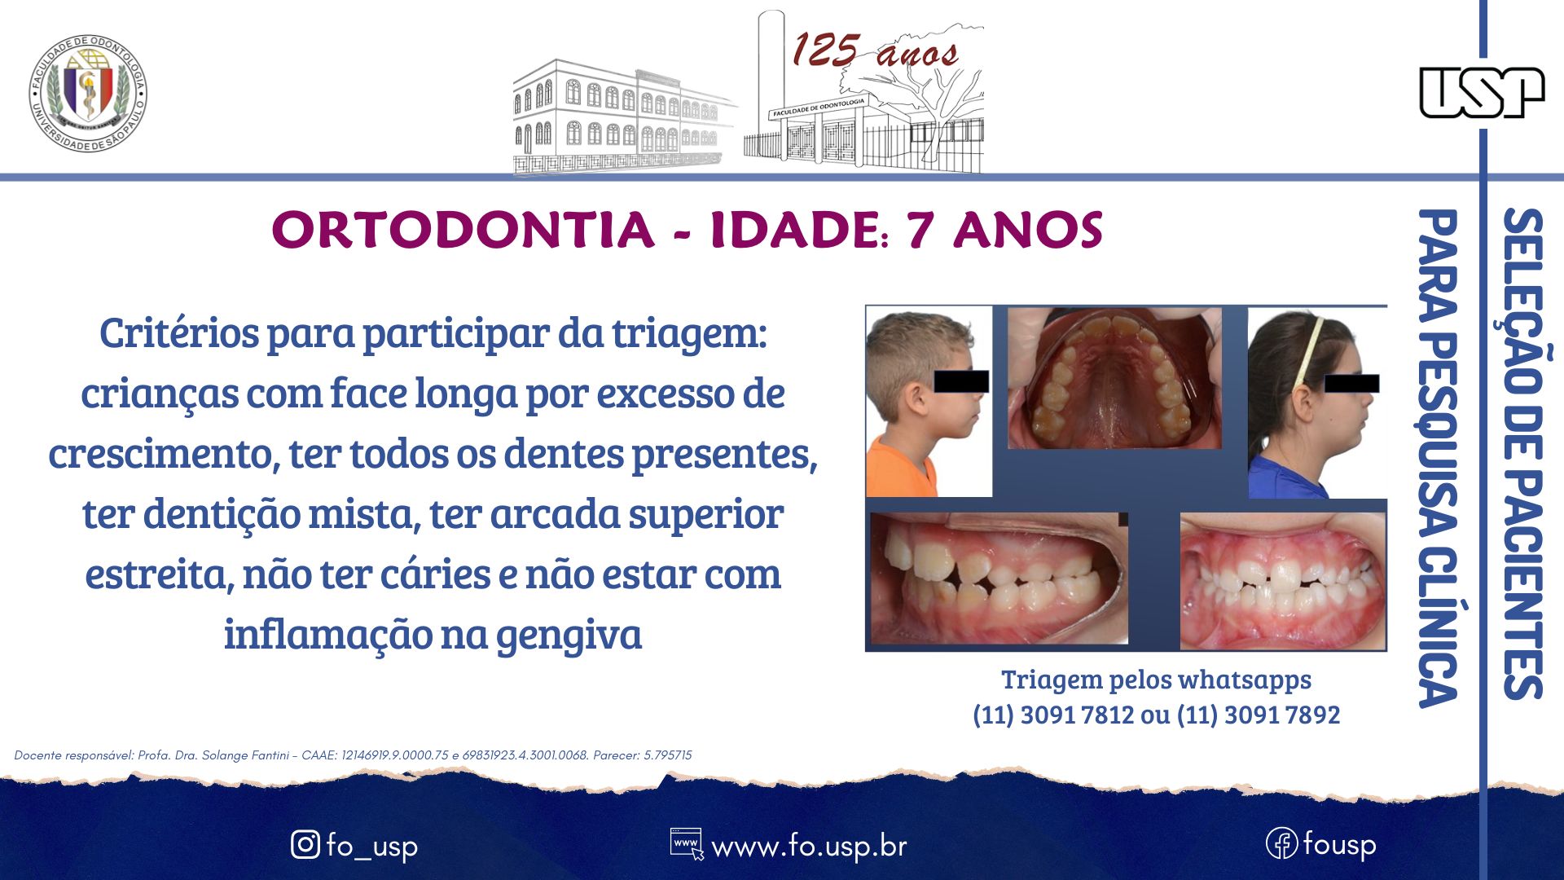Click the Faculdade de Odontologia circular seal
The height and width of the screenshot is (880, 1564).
pos(88,93)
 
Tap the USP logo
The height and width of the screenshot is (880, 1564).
pos(1482,92)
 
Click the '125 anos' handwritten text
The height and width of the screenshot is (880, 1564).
pos(875,51)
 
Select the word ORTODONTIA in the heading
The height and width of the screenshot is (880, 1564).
pos(463,230)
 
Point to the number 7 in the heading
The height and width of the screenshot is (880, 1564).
pos(920,230)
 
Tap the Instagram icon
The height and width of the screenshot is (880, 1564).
pos(305,844)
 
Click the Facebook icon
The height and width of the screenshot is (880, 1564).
pos(1281,843)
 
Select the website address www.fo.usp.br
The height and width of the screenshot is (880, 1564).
pos(809,847)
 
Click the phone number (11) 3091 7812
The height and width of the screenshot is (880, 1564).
pos(1053,715)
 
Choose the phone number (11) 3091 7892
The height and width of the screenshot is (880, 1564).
pos(1259,715)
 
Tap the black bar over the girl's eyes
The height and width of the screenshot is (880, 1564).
pos(1351,383)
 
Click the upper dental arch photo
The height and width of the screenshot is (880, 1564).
pos(1114,378)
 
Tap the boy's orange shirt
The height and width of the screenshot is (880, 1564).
pos(899,471)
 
